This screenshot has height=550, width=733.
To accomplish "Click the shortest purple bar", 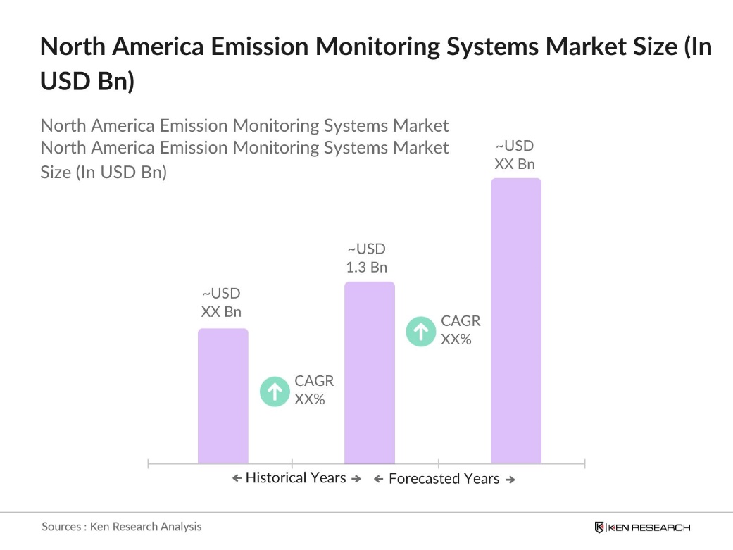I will [223, 396].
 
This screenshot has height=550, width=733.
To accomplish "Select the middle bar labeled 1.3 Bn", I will [369, 373].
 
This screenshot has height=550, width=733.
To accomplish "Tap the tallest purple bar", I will [515, 320].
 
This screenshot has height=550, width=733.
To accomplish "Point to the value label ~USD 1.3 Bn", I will [367, 258].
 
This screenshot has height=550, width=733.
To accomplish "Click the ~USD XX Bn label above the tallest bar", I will [515, 155].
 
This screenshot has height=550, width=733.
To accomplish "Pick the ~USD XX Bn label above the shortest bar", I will [222, 303].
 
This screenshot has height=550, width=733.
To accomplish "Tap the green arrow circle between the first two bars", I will [275, 392].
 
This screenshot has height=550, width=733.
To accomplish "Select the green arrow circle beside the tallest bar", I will [421, 331].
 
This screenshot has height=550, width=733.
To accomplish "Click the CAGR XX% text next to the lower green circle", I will [314, 391].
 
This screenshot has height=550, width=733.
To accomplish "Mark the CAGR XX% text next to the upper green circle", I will [461, 330].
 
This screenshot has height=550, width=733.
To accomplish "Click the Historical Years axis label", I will [296, 478].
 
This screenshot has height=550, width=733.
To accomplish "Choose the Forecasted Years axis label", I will [444, 479].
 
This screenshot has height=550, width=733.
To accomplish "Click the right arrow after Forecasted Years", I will [510, 480].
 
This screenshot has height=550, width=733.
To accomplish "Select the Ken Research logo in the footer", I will [642, 527].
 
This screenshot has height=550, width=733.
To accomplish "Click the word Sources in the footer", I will [61, 527].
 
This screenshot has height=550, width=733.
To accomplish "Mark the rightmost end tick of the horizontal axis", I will [584, 463].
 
